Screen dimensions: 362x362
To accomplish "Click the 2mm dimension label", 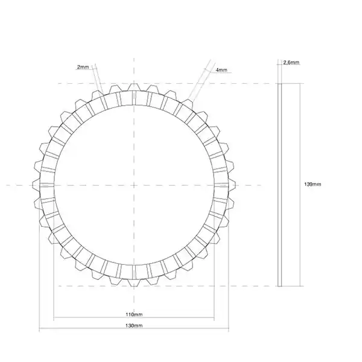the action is point(83,67).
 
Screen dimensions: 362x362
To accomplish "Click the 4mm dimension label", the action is point(221,70).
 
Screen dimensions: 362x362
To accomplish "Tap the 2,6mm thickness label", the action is point(291,62).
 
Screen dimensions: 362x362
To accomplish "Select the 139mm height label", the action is point(313,184).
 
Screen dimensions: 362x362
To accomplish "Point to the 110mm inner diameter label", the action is point(134,314).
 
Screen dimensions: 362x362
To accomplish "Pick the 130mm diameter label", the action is point(134,326).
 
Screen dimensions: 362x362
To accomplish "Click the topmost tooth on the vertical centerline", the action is point(134,87).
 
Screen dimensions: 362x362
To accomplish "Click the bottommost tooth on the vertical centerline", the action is point(134,282).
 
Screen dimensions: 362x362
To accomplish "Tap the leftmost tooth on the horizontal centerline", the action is point(36,185).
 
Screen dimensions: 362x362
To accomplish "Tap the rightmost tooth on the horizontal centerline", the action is point(232,185).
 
